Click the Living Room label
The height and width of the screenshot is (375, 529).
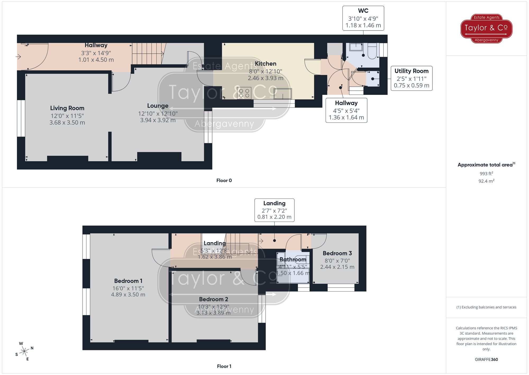pos(67,108)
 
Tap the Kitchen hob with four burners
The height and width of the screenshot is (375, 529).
pos(244,93)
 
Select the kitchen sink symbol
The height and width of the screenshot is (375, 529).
pos(283,94)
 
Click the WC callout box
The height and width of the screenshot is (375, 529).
pos(363,18)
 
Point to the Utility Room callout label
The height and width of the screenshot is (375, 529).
pos(411,71)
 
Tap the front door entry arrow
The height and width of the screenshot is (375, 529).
pos(18,56)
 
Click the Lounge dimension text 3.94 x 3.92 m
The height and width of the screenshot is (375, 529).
pos(158,120)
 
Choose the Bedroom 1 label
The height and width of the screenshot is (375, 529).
pos(128,281)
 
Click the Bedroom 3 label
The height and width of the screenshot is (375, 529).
pos(337,253)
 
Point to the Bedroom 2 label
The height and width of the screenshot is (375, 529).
pos(213,299)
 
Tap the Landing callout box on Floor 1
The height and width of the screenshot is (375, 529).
pos(274,210)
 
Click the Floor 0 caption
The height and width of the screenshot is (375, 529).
pos(224,180)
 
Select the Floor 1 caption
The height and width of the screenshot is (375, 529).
pos(224,366)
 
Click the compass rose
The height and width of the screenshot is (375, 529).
pos(24,351)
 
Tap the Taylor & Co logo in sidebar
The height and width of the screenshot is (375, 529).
pos(486,28)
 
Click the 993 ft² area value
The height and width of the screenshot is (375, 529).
pos(486,174)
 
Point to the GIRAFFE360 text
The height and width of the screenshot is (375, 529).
pos(486,359)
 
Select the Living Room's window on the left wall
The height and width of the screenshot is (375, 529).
pos(21,118)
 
